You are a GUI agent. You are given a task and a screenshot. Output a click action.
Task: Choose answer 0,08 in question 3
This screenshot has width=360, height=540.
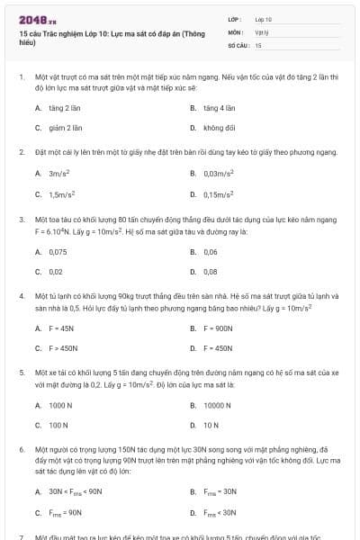pos(211,271)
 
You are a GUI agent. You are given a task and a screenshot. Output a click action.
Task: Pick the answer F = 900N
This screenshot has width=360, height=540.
pos(219,328)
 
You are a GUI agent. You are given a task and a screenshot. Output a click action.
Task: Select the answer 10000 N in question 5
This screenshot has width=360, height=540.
pos(219,406)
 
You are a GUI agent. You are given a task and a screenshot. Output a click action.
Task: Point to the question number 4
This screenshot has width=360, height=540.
pos(21,295)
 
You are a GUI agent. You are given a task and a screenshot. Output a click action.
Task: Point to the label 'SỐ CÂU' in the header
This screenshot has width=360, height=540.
pos(238,44)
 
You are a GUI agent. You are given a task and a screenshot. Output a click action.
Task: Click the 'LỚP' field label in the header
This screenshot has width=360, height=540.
pos(235,18)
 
